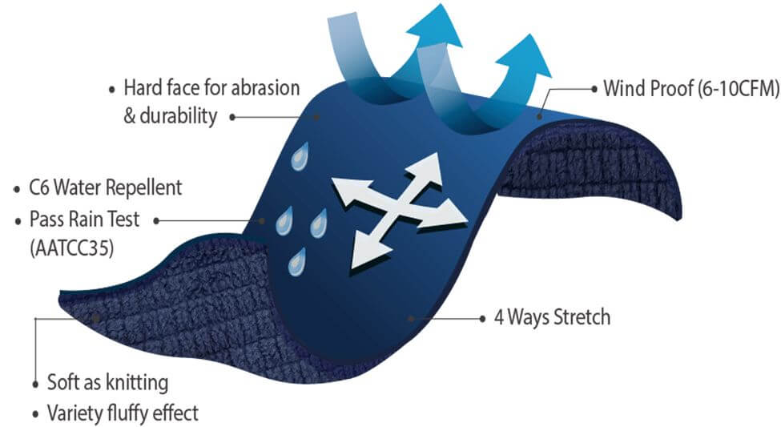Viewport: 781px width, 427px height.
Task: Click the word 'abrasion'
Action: click(x=257, y=87)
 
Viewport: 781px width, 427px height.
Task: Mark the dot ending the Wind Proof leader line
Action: click(x=540, y=118)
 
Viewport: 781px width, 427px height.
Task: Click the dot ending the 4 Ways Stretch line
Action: click(x=412, y=318)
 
